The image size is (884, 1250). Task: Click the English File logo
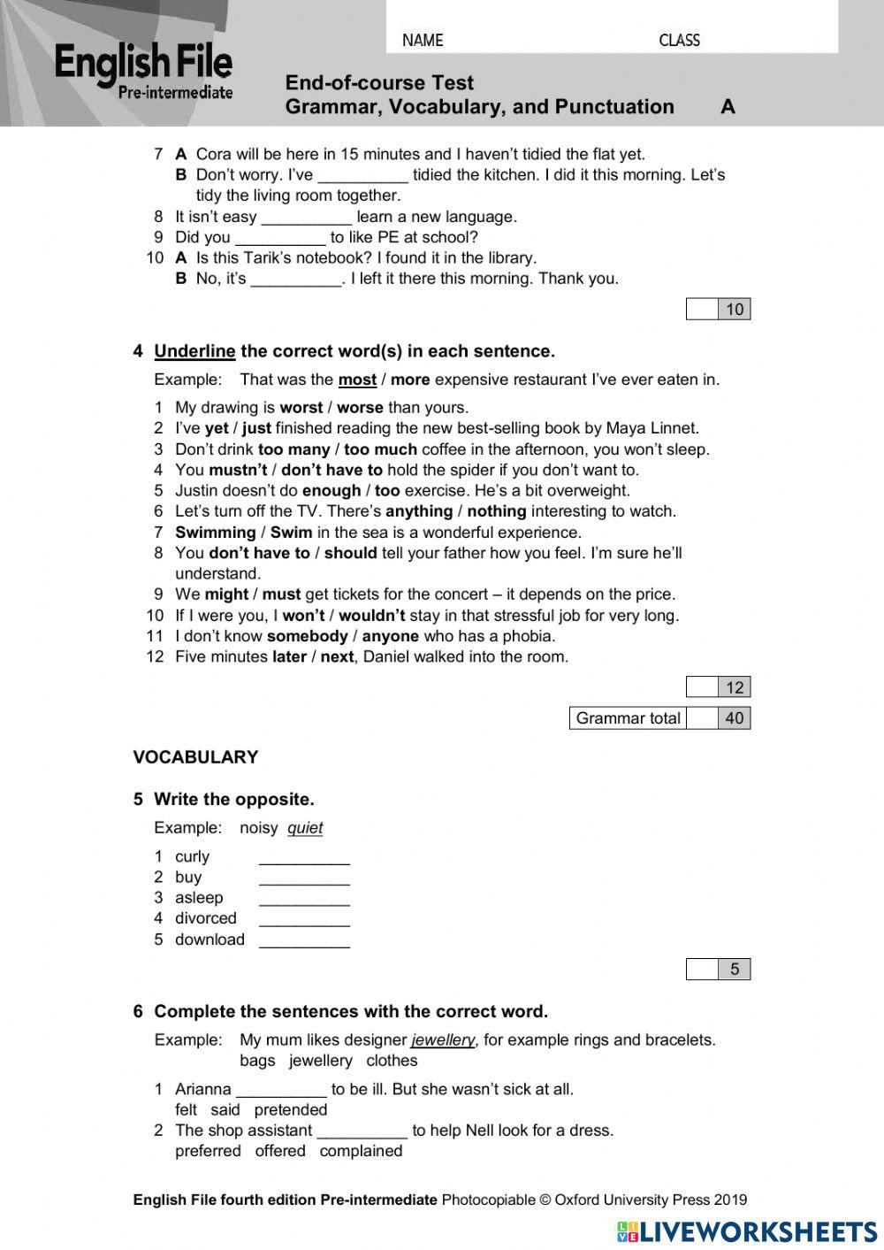pos(143,71)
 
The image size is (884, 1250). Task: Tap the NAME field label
pos(423,41)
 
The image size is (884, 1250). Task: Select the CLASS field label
pos(679,41)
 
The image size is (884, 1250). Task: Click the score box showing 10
pos(734,309)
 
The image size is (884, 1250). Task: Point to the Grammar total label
pos(628,718)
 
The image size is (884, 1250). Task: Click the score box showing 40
pos(734,718)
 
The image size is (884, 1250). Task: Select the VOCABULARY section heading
pos(195,757)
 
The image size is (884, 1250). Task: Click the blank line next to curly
pos(304,857)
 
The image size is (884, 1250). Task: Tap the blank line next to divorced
pos(304,919)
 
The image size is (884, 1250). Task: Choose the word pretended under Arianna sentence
pos(291,1110)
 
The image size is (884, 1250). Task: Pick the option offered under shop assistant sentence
pos(280,1151)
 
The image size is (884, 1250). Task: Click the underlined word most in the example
pos(357,380)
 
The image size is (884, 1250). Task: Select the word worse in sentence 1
pos(360,408)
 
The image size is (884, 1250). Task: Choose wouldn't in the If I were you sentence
pos(371,616)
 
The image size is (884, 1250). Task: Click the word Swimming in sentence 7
pos(215,533)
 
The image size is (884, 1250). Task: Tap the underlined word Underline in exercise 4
pos(194,352)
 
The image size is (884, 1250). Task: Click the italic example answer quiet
pos(305,829)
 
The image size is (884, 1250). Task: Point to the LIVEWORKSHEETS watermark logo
pos(747,1232)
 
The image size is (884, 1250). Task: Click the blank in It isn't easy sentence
pos(307,218)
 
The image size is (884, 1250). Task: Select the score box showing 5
pos(734,970)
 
